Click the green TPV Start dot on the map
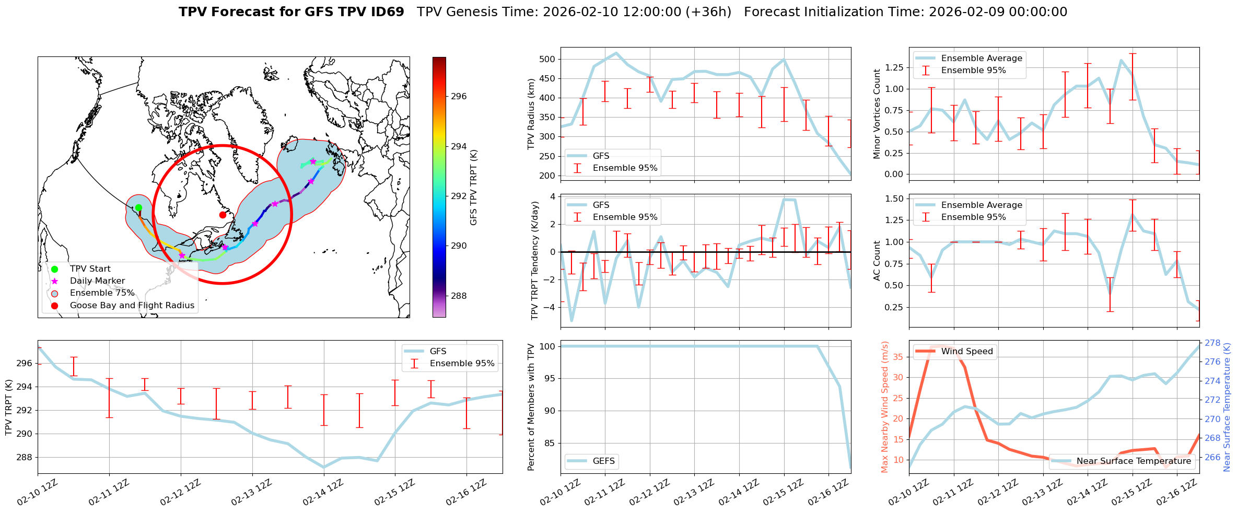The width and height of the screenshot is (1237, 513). (138, 208)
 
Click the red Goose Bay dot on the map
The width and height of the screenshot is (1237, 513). (223, 215)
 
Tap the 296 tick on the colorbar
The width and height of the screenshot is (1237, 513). (459, 97)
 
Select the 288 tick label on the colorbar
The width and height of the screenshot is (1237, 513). (459, 296)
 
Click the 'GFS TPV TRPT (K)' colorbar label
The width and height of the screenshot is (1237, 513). (474, 188)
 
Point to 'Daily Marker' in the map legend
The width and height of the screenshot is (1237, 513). (97, 281)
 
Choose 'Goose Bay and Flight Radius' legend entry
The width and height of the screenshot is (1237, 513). (132, 306)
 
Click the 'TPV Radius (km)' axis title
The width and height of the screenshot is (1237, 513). (531, 114)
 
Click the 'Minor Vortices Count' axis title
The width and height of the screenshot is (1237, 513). (877, 114)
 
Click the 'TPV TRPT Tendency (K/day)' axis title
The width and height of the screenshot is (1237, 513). (534, 261)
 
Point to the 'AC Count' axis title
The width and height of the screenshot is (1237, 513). (877, 261)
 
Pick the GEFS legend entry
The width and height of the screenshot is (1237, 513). (603, 461)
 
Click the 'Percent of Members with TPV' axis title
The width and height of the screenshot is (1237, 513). (531, 407)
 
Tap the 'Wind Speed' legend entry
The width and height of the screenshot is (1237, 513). (966, 352)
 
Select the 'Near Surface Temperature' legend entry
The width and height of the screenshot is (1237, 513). (1133, 461)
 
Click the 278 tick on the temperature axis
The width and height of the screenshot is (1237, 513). (1212, 343)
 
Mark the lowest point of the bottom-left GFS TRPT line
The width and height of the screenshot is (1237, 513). (324, 468)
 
